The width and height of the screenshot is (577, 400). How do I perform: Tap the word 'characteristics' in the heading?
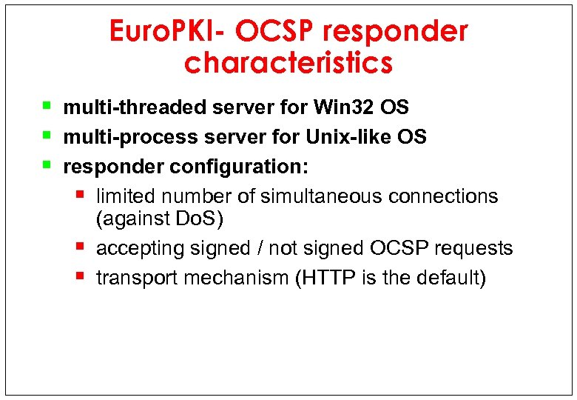[x=288, y=63]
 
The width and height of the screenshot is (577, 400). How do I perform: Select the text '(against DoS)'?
[x=160, y=219]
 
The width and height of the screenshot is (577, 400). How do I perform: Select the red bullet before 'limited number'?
[x=81, y=195]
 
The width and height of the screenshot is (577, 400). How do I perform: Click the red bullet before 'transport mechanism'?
[x=81, y=276]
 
